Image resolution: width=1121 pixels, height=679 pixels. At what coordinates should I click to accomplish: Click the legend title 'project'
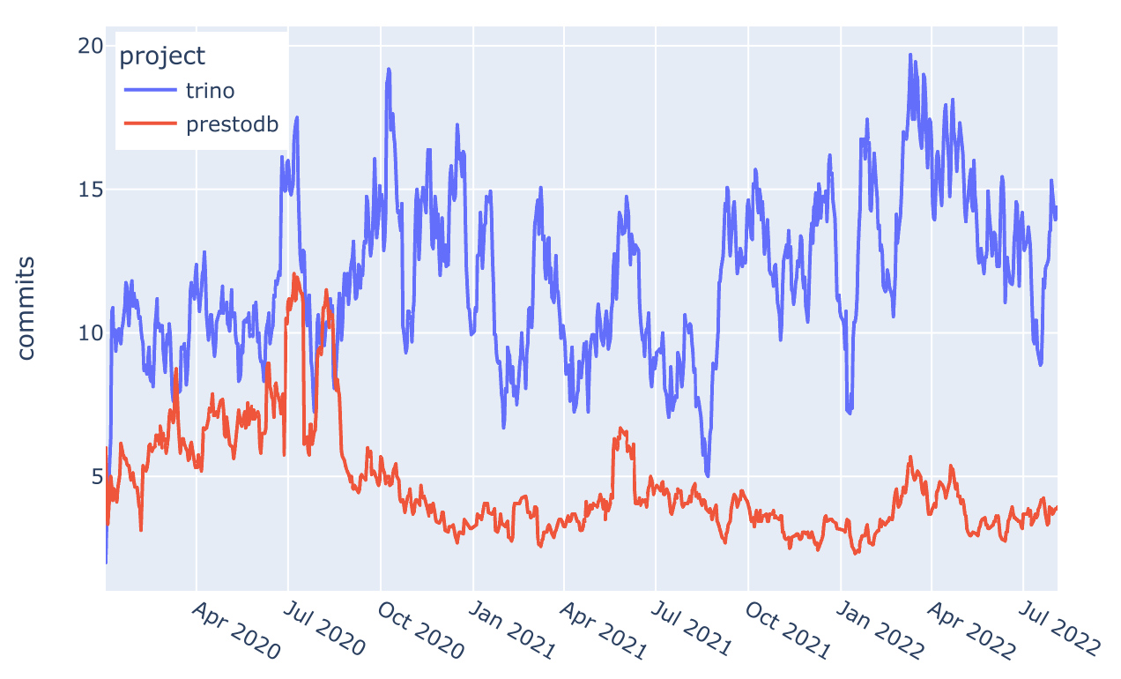162,56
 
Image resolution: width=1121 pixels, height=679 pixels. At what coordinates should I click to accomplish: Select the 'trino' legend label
210,90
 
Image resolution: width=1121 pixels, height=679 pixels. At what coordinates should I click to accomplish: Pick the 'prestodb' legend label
232,124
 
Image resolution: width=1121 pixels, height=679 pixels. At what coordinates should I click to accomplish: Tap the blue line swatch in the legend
150,90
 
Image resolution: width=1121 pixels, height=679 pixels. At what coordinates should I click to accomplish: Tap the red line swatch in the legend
150,124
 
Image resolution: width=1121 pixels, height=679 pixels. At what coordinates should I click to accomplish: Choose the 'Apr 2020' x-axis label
234,631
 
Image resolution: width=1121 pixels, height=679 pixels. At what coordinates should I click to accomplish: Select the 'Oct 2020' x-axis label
419,631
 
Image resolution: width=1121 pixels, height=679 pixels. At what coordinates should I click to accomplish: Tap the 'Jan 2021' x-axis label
511,631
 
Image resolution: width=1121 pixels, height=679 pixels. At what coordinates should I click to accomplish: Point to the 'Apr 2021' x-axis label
602,631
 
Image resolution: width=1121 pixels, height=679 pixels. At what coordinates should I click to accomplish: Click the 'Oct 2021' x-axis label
786,631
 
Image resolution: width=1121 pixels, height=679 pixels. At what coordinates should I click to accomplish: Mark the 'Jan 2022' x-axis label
879,631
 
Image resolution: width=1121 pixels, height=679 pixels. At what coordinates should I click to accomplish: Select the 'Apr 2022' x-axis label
969,631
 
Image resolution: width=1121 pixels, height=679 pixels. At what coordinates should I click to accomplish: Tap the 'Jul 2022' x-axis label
1061,631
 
